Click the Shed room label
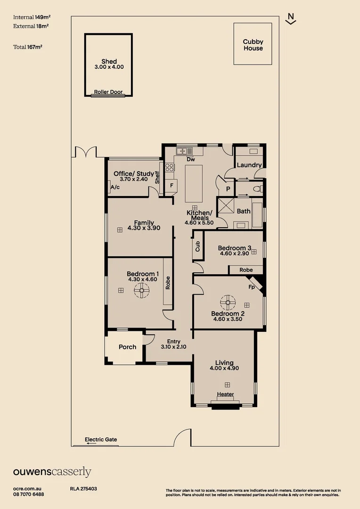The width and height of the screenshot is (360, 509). click(109, 62)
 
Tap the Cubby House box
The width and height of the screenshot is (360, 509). click(253, 45)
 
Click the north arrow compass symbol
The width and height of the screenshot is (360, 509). click(291, 19)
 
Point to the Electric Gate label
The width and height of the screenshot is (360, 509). click(100, 440)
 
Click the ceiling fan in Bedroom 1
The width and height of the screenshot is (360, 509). click(141, 291)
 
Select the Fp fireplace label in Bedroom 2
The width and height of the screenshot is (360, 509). click(252, 287)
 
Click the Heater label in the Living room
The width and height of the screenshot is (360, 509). click(225, 394)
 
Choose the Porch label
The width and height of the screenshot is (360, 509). click(127, 347)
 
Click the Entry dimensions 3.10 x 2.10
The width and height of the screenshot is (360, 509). click(173, 347)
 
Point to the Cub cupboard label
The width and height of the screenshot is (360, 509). click(197, 247)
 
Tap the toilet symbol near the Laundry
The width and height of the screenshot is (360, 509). click(257, 189)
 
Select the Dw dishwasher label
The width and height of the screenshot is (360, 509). click(191, 159)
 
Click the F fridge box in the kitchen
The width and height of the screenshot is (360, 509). click(172, 185)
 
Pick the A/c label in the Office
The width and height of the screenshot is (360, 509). click(115, 188)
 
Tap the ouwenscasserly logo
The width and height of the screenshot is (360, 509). click(52, 472)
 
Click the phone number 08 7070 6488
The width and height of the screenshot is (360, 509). click(29, 494)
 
